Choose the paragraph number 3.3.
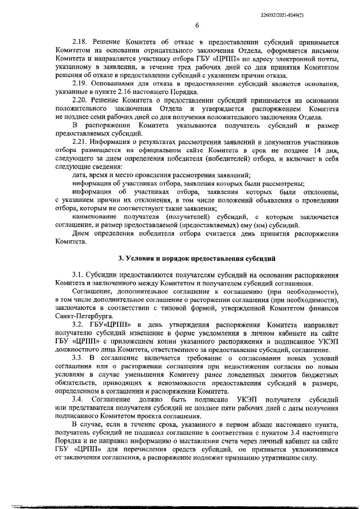pyautogui.click(x=78, y=358)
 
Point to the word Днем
pyautogui.click(x=81, y=233)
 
